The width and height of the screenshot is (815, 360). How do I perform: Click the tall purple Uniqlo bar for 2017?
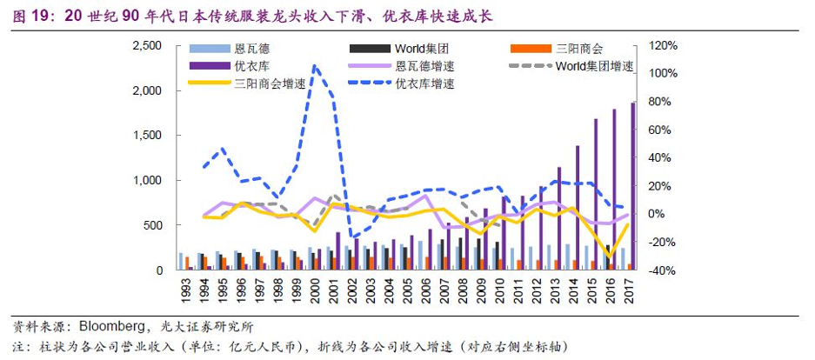632,186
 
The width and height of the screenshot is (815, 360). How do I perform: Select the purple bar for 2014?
577,209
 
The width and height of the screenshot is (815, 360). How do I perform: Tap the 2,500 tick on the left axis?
145,45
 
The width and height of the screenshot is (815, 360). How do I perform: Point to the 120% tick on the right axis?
659,45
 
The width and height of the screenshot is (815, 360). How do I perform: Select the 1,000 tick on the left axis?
145,180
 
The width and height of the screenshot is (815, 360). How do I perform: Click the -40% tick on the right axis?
658,270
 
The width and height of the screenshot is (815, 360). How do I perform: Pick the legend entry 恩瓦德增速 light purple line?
425,66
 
